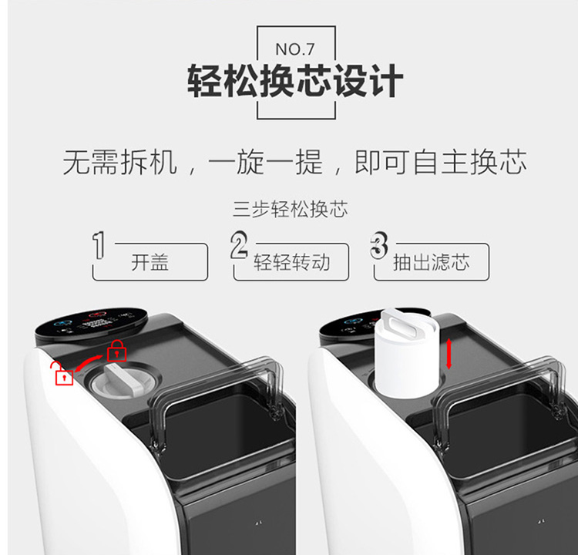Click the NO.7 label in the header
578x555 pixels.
click(x=295, y=49)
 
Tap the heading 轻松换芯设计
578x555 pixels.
click(x=295, y=81)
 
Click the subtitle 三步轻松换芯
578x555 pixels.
click(x=290, y=210)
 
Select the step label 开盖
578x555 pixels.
click(x=150, y=262)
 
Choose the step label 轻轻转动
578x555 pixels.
click(x=291, y=262)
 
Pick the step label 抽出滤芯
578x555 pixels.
click(x=432, y=262)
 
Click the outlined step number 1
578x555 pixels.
click(x=99, y=245)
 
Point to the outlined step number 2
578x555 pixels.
click(x=239, y=245)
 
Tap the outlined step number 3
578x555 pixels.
click(x=379, y=245)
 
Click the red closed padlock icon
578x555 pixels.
click(x=116, y=350)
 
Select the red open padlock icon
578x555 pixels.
click(x=62, y=373)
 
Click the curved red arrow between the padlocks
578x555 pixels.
click(x=89, y=363)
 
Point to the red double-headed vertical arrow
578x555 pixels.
click(x=449, y=354)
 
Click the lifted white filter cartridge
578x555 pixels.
click(x=407, y=353)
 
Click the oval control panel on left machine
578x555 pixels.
click(x=92, y=325)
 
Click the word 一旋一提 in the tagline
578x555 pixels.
click(x=265, y=162)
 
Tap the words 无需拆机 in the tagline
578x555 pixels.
click(x=120, y=162)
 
